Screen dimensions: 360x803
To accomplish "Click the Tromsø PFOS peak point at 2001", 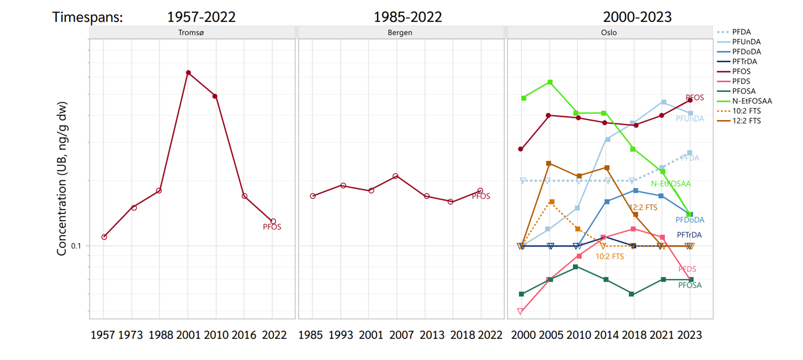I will (189, 73).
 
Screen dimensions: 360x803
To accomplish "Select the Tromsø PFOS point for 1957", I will (104, 237).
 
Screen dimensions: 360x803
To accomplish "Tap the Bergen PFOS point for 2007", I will (395, 176).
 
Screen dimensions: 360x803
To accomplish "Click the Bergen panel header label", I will (400, 33).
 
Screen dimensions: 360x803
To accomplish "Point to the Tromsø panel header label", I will (191, 33).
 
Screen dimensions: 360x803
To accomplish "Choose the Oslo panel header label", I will (609, 33).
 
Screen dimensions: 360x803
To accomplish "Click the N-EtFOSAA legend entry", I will (752, 101).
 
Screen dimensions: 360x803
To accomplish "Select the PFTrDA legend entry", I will (744, 61).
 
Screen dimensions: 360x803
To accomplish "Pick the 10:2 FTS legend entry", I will (746, 111).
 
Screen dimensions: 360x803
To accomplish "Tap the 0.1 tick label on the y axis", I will (76, 246).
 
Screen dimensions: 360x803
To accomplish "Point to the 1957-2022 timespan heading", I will (201, 17).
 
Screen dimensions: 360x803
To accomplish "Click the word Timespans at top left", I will (87, 18).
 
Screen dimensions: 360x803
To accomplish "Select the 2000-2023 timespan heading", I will (637, 17).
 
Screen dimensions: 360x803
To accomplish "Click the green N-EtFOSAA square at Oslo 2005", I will (550, 82).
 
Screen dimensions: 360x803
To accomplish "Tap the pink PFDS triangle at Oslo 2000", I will (520, 311).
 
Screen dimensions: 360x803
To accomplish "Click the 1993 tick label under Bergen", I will (340, 335).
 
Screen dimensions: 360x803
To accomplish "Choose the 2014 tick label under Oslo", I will (606, 335).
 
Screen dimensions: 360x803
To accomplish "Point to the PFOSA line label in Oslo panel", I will (690, 286).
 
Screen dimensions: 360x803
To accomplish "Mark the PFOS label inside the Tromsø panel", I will (272, 227).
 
